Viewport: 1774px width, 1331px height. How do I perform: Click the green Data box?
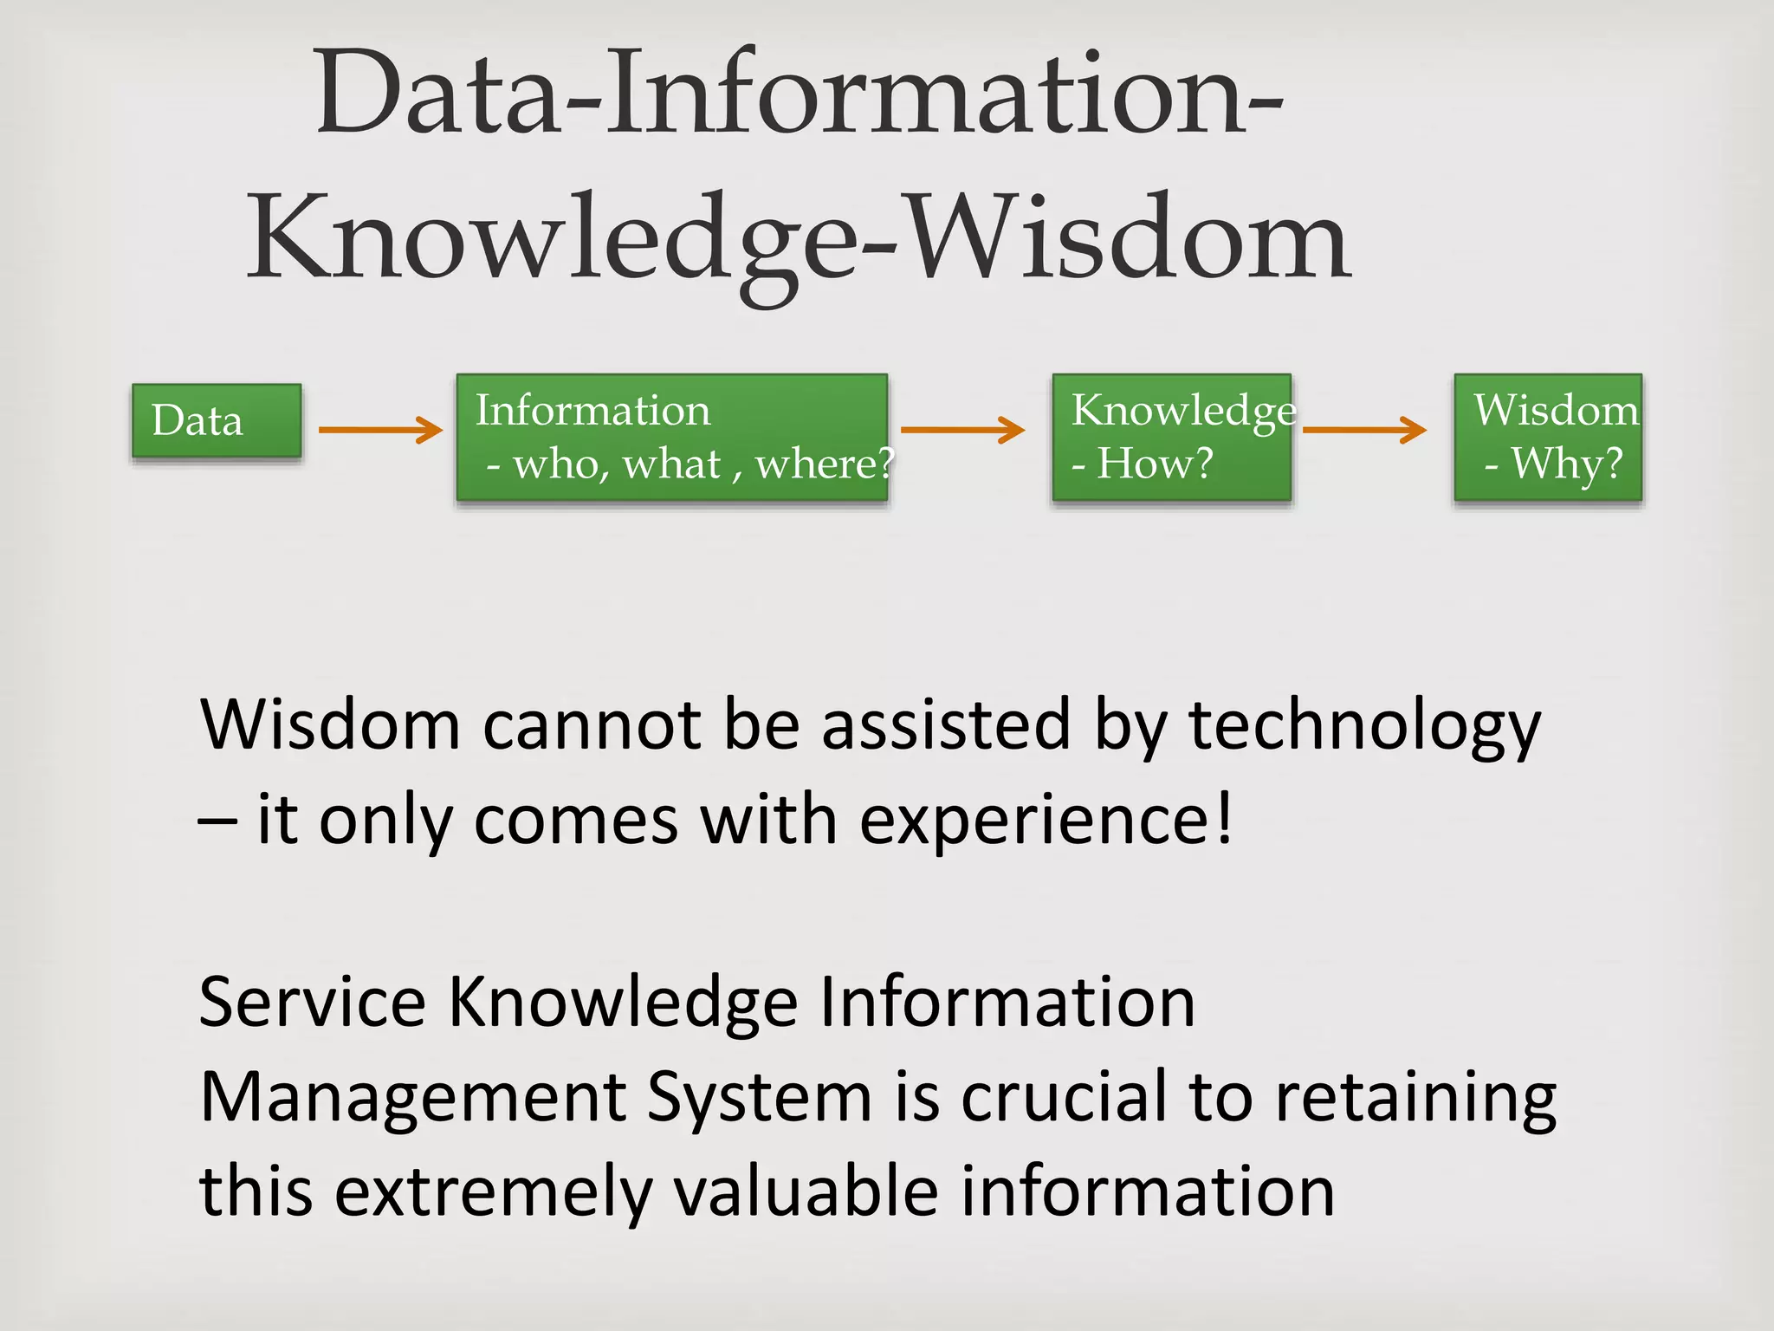point(217,420)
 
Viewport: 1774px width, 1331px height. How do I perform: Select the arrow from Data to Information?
point(380,430)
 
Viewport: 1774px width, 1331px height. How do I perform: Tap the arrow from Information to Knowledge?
point(962,430)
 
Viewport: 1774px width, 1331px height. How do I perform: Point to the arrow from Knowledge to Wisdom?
point(1364,430)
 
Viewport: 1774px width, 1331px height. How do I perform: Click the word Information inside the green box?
point(592,410)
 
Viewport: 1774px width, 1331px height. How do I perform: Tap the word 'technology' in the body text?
point(1364,726)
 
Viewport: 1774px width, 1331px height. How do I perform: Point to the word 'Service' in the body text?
point(312,1002)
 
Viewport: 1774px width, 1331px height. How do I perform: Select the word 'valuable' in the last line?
point(806,1191)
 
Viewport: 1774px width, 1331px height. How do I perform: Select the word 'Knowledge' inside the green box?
point(1183,411)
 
